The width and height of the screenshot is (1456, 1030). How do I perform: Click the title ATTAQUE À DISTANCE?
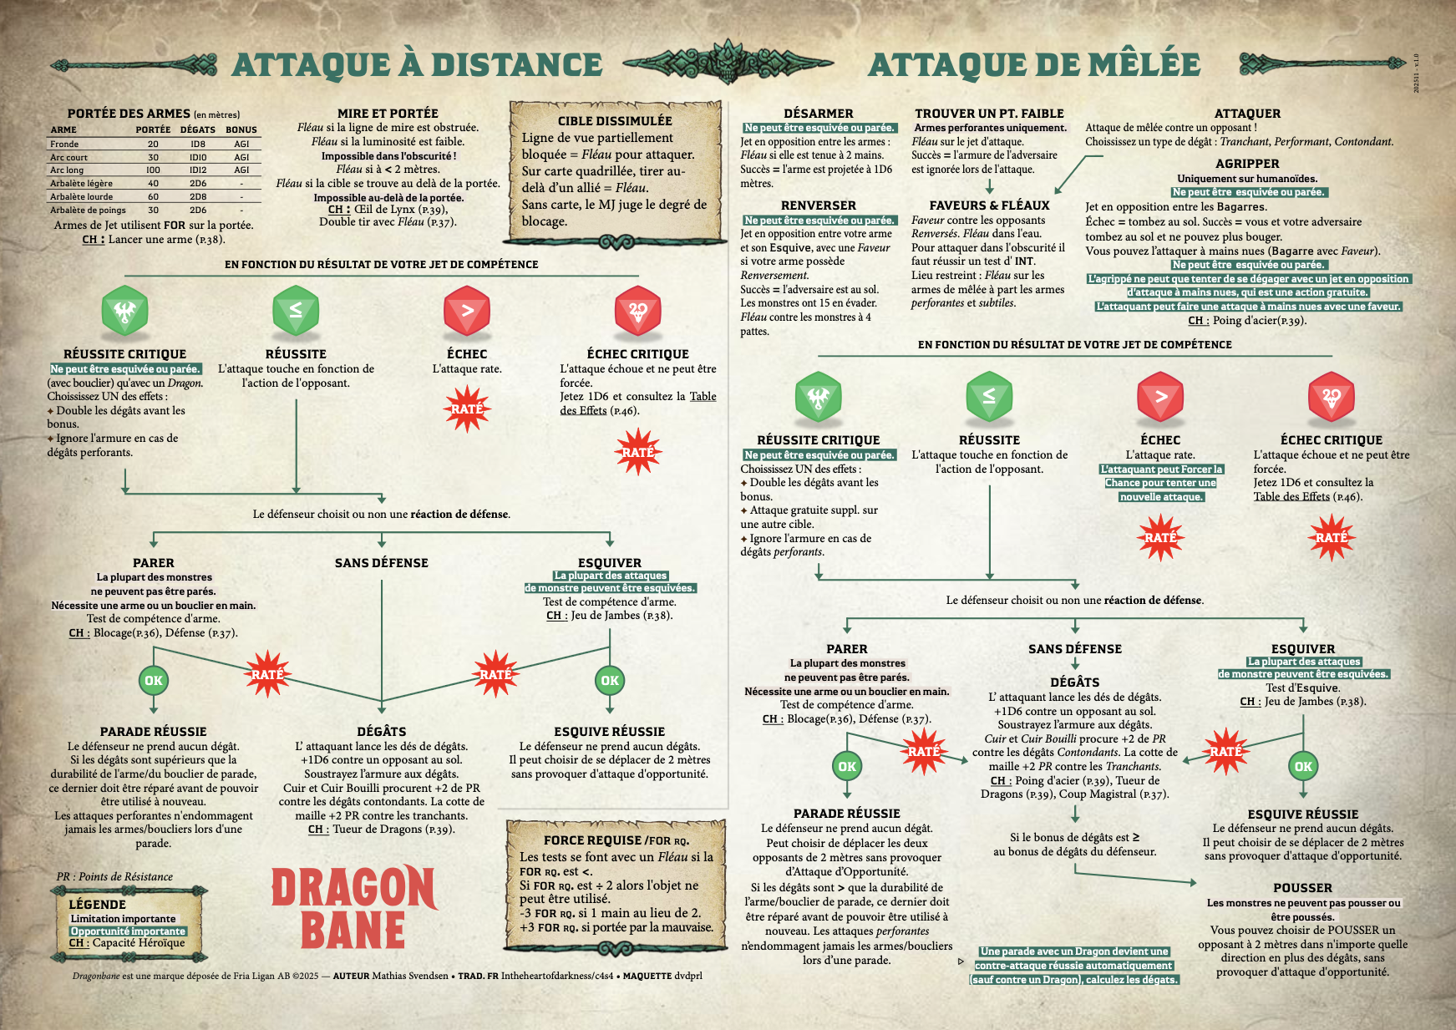click(x=417, y=65)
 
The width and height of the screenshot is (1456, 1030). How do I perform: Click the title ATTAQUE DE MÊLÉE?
click(x=1034, y=65)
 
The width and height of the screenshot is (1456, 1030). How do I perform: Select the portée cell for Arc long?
click(x=153, y=170)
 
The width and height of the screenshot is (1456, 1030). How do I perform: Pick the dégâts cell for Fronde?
click(x=198, y=144)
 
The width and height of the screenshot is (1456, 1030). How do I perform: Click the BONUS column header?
click(x=241, y=129)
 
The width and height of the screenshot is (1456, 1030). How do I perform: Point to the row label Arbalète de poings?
click(x=88, y=211)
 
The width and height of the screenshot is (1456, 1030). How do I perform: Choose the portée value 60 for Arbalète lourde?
click(x=153, y=197)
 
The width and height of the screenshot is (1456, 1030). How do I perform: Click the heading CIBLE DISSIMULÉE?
click(x=615, y=121)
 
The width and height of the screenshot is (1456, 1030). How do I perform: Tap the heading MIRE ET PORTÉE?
click(x=388, y=114)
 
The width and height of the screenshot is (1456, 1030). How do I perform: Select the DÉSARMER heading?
click(x=818, y=114)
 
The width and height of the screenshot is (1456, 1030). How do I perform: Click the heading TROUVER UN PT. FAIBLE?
click(x=989, y=114)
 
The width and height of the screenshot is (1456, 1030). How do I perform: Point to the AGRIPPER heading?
click(x=1247, y=164)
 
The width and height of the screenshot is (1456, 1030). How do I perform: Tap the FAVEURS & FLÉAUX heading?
click(x=989, y=205)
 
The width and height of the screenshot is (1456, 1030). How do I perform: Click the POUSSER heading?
click(x=1302, y=888)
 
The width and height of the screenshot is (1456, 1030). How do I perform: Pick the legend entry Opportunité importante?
click(x=128, y=931)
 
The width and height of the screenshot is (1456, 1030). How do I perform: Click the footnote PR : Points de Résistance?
click(x=114, y=876)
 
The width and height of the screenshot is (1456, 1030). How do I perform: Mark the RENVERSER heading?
click(x=818, y=205)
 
